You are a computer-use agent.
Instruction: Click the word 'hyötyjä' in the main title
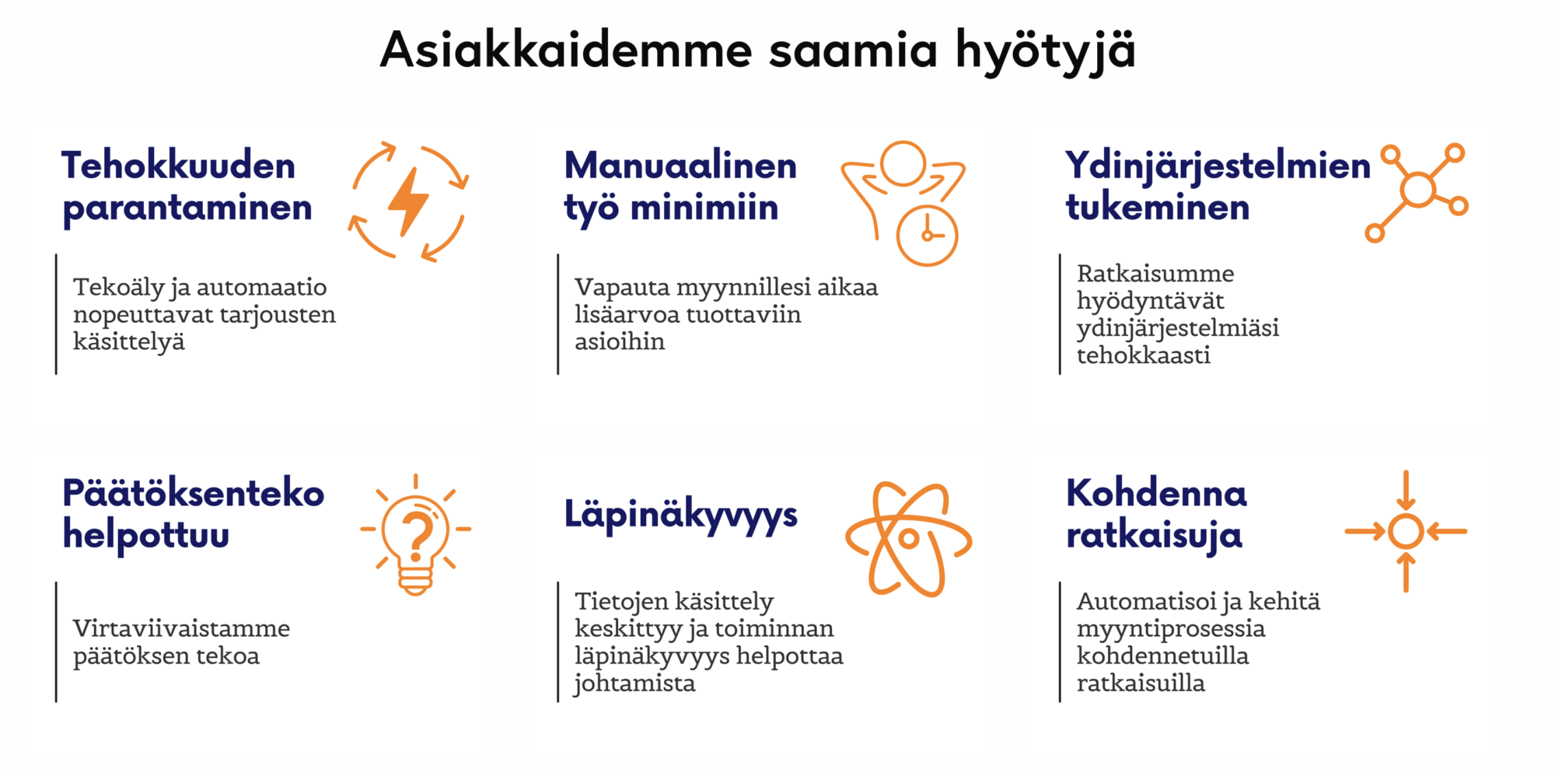(x=1045, y=51)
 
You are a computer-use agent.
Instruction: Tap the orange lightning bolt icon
(x=407, y=201)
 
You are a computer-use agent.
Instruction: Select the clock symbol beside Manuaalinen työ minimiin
(x=927, y=236)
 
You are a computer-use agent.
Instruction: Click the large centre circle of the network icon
(x=1418, y=190)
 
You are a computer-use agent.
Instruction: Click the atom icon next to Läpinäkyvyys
(x=908, y=538)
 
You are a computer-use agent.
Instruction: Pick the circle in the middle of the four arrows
(x=1406, y=532)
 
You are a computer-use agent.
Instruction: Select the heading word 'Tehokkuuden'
(x=179, y=166)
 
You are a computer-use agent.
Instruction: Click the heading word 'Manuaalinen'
(x=680, y=166)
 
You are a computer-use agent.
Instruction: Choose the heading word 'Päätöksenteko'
(x=194, y=493)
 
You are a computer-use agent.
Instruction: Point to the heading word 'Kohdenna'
(x=1157, y=493)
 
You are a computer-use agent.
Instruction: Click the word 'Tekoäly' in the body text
(x=119, y=288)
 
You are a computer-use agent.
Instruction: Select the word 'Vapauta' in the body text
(x=622, y=287)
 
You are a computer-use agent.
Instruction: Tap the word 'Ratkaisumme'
(x=1155, y=273)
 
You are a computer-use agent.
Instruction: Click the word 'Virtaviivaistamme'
(x=181, y=627)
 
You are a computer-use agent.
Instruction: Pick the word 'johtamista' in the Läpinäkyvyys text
(x=634, y=683)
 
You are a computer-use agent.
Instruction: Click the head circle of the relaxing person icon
(x=903, y=163)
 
